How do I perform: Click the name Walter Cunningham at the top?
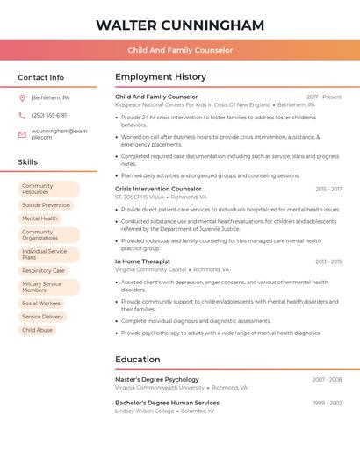click(180, 25)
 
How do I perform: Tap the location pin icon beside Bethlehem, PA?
click(22, 97)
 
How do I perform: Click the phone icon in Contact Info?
click(22, 115)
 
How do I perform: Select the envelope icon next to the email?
click(22, 134)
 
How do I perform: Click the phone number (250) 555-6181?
click(49, 115)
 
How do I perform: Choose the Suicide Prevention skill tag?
click(46, 205)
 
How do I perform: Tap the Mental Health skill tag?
click(40, 218)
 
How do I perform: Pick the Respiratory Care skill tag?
click(43, 271)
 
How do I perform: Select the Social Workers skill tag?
click(41, 304)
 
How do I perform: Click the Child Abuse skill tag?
click(37, 330)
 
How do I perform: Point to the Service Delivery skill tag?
click(42, 317)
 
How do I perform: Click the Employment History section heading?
click(161, 77)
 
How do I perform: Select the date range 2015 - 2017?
click(328, 189)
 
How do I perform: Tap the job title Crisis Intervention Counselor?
click(158, 189)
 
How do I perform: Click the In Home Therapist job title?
click(142, 261)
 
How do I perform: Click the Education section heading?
click(138, 360)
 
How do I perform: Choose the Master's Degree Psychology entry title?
click(157, 380)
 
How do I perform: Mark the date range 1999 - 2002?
click(328, 403)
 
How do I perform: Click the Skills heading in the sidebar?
click(28, 162)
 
